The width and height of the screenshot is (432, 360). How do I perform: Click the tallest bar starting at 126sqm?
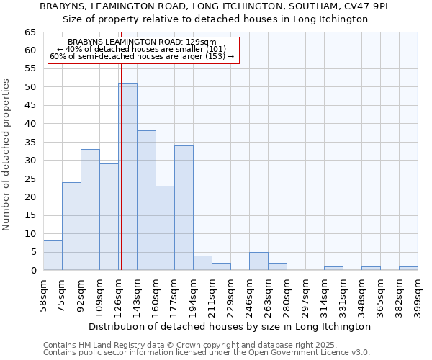point(128,176)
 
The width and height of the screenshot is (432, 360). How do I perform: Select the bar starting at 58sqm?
point(53,256)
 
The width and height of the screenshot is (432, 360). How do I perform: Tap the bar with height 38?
point(146,200)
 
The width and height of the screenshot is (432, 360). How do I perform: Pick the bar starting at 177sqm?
point(184,207)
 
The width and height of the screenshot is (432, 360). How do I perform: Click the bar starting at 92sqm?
point(90,210)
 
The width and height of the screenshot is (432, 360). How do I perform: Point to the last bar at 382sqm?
point(408,269)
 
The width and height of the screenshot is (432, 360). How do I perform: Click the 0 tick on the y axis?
point(33,271)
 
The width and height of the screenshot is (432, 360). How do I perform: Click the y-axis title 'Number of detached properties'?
point(6,155)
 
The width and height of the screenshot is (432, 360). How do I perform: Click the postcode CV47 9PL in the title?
point(367,6)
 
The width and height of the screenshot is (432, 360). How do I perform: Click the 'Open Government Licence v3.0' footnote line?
point(206,352)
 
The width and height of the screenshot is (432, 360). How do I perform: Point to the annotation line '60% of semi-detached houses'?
point(142,56)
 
